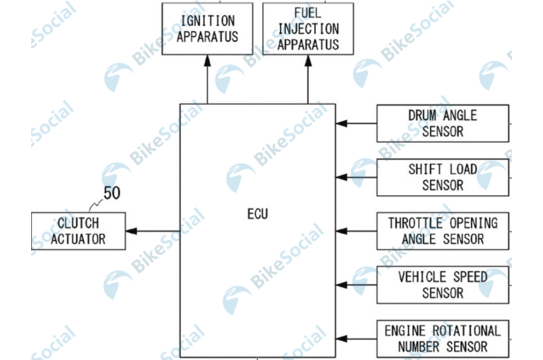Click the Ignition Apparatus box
click(207, 28)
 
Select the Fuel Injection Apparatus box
click(308, 29)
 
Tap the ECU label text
click(257, 214)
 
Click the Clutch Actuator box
click(78, 231)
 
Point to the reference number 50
click(112, 193)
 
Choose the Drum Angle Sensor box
click(442, 123)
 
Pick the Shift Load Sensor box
click(442, 177)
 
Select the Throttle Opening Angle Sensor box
click(442, 231)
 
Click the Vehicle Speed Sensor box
click(442, 285)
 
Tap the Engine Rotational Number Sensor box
click(442, 338)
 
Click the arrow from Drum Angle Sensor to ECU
click(356, 123)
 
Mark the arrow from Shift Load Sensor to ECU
click(356, 177)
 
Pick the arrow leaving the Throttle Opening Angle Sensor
click(356, 231)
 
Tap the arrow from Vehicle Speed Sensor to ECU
click(356, 285)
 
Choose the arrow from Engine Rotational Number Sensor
click(356, 338)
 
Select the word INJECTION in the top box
click(308, 29)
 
